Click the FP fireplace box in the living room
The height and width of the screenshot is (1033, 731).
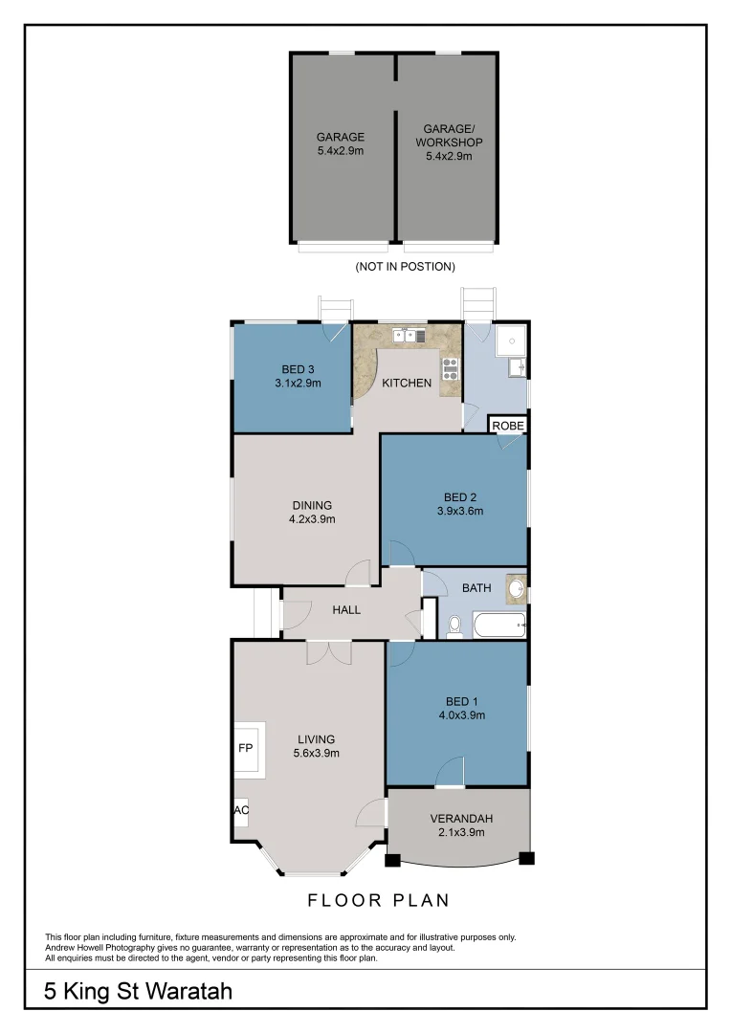click(245, 747)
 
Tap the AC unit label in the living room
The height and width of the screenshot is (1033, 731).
click(241, 810)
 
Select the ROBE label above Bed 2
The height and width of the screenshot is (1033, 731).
click(508, 425)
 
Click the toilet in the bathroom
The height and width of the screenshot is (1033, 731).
click(454, 626)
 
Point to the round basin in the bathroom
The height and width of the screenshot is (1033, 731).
click(517, 589)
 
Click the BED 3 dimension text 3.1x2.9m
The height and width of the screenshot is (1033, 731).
click(296, 384)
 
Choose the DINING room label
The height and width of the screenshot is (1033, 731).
click(312, 505)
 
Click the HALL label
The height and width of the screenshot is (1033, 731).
click(346, 609)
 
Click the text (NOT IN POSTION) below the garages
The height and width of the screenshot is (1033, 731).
click(405, 266)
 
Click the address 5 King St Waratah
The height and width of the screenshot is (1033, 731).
click(139, 991)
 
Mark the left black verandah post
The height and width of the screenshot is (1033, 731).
click(391, 859)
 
